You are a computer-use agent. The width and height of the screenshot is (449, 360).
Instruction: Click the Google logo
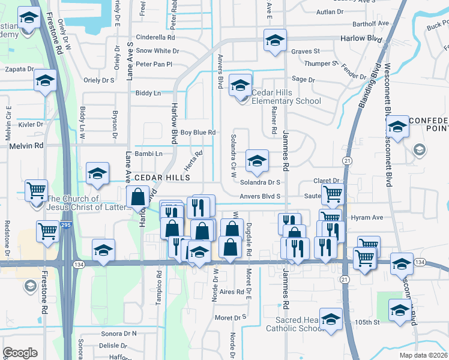(x=20, y=353)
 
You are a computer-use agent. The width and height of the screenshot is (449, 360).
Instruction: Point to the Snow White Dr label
(x=157, y=51)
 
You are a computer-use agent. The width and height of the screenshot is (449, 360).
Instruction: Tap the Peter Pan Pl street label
(x=154, y=64)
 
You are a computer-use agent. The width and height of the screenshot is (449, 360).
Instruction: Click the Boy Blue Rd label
(x=197, y=132)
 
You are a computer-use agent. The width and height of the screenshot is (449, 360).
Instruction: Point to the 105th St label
(x=369, y=322)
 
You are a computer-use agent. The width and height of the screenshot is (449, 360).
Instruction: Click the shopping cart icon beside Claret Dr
(x=332, y=194)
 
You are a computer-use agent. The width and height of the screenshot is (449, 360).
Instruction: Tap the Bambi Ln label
(x=149, y=154)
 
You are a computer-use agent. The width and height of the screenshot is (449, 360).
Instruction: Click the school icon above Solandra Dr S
(x=257, y=161)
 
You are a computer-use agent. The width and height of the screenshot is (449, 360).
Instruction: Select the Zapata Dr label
(x=19, y=69)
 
